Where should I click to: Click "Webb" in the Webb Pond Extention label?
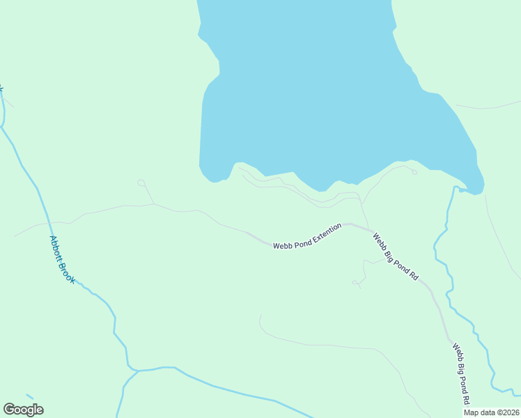[282, 245]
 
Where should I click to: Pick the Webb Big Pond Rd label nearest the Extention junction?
[395, 256]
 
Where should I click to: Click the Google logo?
[23, 410]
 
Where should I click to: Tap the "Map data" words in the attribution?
[480, 412]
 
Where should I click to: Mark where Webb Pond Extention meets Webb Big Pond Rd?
[368, 228]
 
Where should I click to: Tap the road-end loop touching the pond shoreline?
[414, 172]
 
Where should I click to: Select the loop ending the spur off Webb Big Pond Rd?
[355, 282]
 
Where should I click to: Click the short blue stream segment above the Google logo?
[29, 396]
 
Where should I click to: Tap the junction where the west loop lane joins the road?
[153, 204]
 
